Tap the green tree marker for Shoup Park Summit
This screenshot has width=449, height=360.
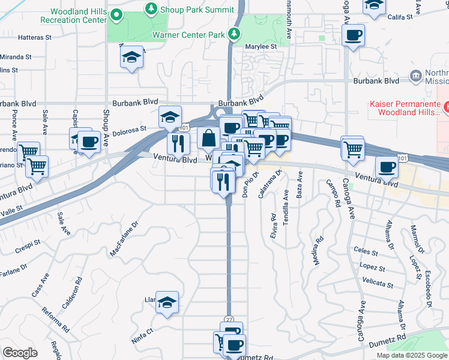tap(151, 8)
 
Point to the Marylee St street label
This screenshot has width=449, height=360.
tap(261, 46)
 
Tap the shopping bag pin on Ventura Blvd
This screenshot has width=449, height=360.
tap(208, 139)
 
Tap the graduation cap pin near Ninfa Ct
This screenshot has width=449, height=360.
tap(167, 303)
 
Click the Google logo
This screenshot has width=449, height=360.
tap(19, 353)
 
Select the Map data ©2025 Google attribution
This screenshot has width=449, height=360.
tap(411, 355)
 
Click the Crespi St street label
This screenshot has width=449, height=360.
tap(28, 245)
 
